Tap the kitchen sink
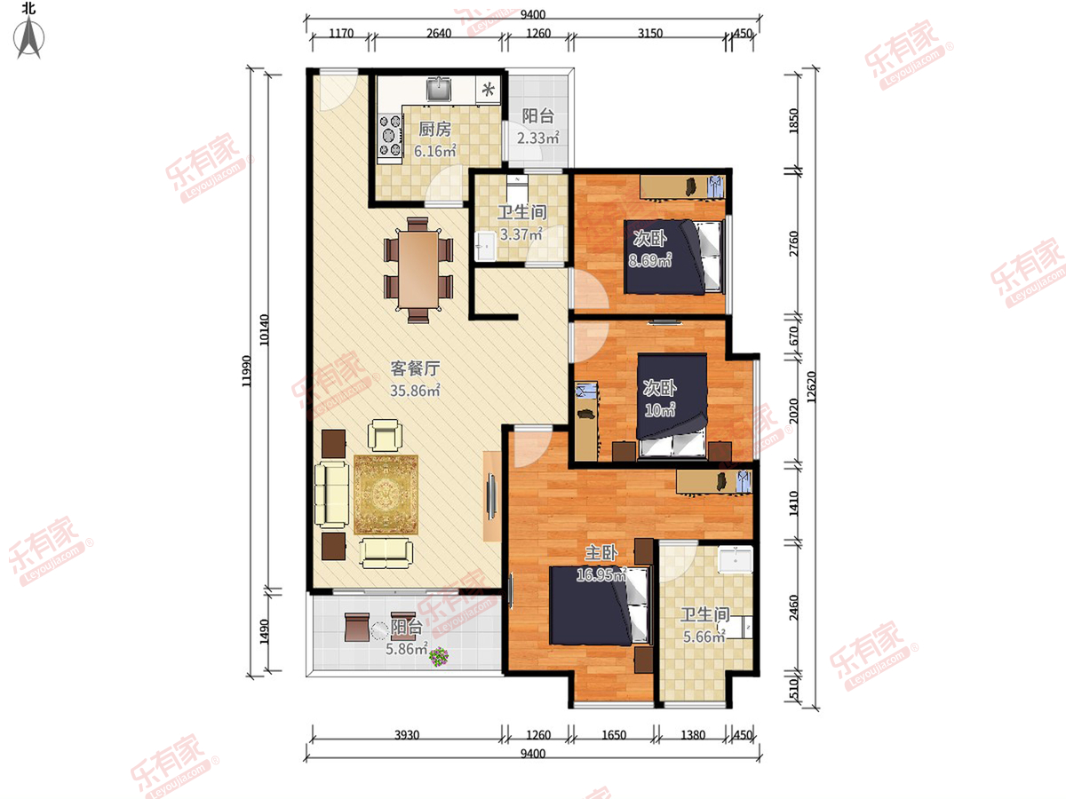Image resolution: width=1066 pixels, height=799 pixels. (440, 89)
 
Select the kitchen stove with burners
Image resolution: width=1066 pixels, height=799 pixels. (391, 136)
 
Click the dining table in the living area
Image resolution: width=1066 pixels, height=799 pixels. (418, 269)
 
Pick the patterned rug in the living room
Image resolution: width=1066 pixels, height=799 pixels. (386, 494)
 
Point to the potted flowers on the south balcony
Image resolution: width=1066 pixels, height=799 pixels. (439, 657)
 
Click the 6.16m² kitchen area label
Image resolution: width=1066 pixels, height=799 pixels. (434, 151)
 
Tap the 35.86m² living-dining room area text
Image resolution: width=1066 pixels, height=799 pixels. (415, 391)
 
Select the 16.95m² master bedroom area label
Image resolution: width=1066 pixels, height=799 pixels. (601, 575)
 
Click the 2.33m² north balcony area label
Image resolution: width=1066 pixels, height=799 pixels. (538, 138)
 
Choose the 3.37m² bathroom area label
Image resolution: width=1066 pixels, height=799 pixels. (521, 234)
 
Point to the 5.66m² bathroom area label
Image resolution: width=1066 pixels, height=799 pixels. (704, 637)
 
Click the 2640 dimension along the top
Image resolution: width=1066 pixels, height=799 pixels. (439, 33)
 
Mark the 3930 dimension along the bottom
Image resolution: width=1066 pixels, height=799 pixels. (407, 735)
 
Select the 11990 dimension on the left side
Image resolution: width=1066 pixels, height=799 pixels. (247, 372)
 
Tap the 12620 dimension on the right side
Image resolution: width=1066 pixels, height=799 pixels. (811, 387)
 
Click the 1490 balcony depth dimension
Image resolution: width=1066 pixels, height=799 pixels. (264, 632)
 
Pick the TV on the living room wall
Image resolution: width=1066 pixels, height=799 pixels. (491, 495)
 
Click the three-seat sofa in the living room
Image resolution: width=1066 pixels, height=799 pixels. (331, 494)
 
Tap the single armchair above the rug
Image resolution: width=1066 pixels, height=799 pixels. (386, 435)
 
